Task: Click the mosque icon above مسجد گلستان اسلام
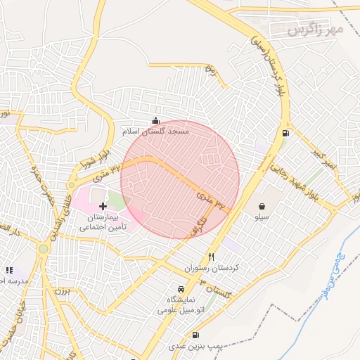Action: coord(155,121)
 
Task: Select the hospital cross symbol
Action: coord(104,207)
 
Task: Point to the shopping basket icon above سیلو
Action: coord(262,207)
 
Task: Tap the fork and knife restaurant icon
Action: coord(212,257)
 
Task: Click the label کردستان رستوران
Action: coord(212,269)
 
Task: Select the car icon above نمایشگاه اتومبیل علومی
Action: coord(181,289)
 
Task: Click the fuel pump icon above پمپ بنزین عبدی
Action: coord(195,335)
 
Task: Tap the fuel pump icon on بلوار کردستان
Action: coord(285,134)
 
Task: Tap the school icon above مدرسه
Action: coord(9,270)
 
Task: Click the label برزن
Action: coord(62,290)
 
